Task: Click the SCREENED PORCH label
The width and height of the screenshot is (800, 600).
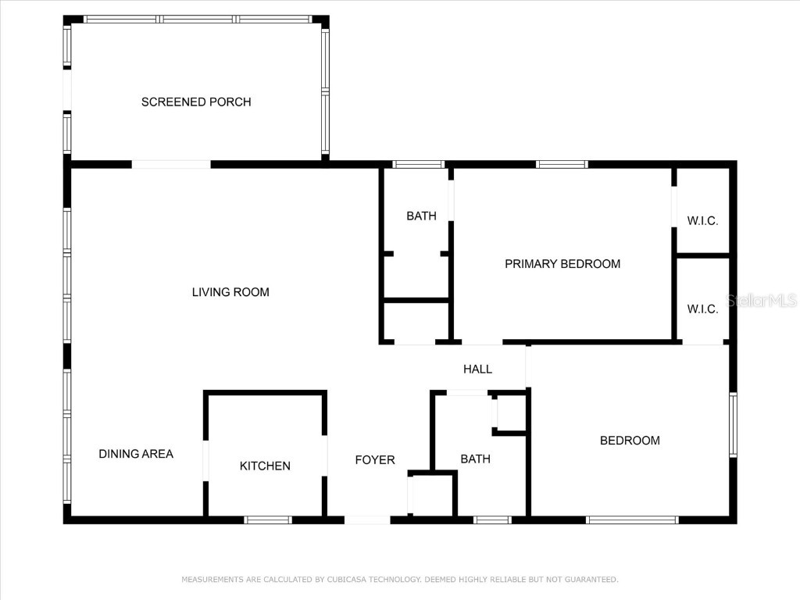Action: [x=196, y=102]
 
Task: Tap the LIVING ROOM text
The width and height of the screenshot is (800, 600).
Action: [x=230, y=292]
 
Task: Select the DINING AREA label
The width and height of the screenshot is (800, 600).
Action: [x=136, y=454]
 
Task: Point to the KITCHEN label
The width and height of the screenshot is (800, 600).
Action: [x=265, y=466]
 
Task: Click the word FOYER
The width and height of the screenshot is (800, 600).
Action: [x=375, y=460]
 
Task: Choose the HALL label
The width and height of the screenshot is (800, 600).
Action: [x=477, y=369]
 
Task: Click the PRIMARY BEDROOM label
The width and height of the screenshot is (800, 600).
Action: [x=562, y=264]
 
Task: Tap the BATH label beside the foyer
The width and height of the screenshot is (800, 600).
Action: [x=475, y=459]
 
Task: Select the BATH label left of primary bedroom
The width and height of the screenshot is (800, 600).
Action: [x=421, y=216]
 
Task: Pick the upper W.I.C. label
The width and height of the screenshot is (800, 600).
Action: [x=702, y=221]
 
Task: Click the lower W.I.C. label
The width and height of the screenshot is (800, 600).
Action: [x=702, y=309]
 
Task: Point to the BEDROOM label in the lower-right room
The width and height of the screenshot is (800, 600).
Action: [x=630, y=441]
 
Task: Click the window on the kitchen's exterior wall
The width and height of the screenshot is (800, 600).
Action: [x=268, y=520]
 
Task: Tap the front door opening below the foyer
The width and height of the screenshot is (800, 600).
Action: [x=367, y=520]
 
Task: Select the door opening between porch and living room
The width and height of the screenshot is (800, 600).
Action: [x=171, y=164]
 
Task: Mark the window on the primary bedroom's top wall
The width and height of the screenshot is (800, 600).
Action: [x=562, y=164]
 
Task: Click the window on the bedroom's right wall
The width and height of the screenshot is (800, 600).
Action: [x=733, y=424]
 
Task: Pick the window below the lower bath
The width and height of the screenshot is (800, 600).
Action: [x=493, y=520]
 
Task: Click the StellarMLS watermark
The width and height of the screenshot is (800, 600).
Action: [x=761, y=301]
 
